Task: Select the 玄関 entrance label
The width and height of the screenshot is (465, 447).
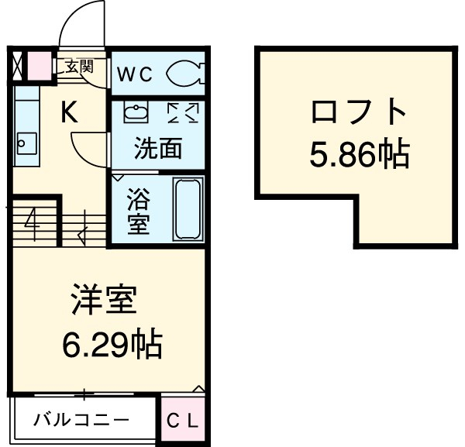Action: coord(77,67)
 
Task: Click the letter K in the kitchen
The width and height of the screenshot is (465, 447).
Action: coord(70,115)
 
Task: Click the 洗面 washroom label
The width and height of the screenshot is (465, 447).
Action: coord(157,149)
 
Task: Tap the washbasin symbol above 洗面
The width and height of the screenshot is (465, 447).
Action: coord(136,113)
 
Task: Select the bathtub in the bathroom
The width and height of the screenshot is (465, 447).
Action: coord(187,208)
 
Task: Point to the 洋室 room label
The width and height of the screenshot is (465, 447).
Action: coord(105,300)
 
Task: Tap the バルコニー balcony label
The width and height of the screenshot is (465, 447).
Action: coord(81,421)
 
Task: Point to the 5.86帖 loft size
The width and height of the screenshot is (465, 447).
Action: coord(359,156)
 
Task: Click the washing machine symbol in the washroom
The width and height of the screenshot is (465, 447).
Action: coord(183,113)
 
